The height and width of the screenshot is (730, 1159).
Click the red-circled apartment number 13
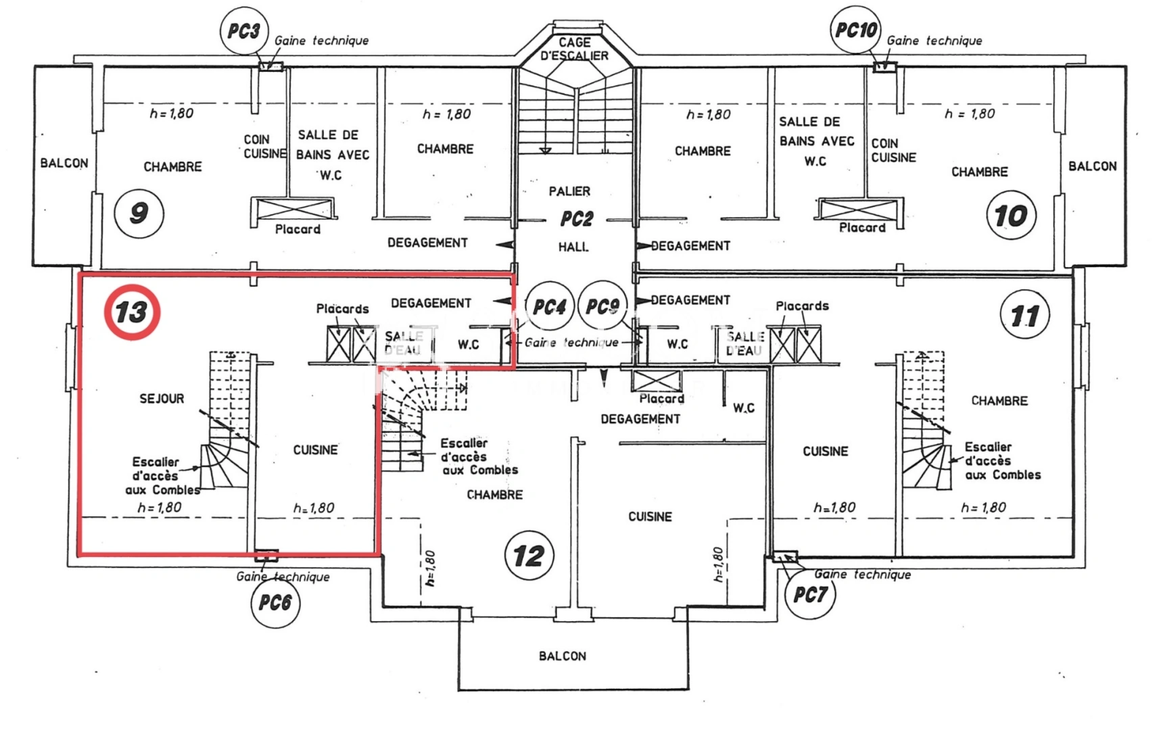(132, 312)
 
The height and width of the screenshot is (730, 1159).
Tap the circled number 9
(139, 213)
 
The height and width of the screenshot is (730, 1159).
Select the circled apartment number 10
(1011, 215)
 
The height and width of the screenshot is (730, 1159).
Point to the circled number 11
(1025, 314)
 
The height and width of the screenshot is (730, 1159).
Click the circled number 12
(529, 556)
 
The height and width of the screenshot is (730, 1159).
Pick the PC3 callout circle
(244, 30)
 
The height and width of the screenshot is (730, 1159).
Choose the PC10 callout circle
(856, 30)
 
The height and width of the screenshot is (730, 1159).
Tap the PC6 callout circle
(275, 603)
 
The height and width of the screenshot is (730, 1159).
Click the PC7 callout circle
(810, 594)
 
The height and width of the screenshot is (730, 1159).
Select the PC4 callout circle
(550, 306)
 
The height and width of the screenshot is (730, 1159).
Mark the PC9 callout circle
(602, 306)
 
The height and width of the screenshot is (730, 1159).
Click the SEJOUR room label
(162, 398)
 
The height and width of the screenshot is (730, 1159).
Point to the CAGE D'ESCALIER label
(574, 49)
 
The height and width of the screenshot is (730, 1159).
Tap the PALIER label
(569, 191)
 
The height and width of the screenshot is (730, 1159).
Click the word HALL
(573, 247)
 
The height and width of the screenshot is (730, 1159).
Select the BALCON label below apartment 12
(563, 656)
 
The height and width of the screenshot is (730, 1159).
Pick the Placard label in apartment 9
(298, 229)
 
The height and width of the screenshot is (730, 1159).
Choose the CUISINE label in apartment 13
(316, 450)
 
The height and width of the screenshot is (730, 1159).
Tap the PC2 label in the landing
(576, 219)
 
